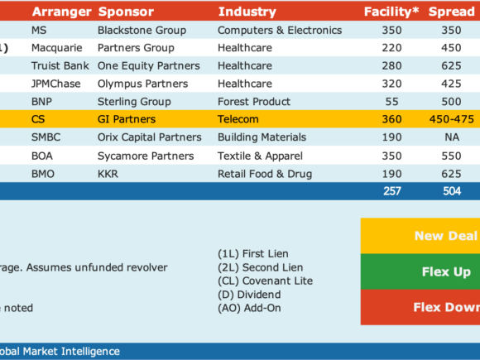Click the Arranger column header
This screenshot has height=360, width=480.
(x=61, y=12)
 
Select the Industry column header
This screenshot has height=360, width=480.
(x=247, y=12)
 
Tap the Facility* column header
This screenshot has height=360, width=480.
(x=391, y=12)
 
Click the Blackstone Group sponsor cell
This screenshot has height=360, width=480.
(x=142, y=30)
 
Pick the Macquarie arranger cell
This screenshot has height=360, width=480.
(x=56, y=48)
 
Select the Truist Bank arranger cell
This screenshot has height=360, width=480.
(x=60, y=65)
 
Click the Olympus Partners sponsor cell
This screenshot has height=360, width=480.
(x=142, y=84)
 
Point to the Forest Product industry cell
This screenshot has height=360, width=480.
(x=254, y=101)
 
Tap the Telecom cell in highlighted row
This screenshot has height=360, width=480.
(x=238, y=119)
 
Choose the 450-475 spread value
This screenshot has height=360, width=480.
(x=452, y=119)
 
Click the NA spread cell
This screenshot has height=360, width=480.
(x=452, y=137)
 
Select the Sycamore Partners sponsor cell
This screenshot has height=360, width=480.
(x=146, y=156)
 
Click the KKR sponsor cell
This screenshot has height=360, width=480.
(x=108, y=174)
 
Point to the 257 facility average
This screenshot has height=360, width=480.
(x=391, y=191)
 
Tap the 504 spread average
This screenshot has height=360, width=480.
(x=452, y=191)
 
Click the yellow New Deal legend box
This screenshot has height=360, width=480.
(x=420, y=236)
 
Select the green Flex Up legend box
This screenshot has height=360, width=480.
(x=420, y=271)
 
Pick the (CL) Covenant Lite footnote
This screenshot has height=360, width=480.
(x=265, y=281)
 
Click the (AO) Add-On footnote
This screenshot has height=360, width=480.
(x=249, y=308)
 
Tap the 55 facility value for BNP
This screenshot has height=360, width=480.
(x=391, y=101)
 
